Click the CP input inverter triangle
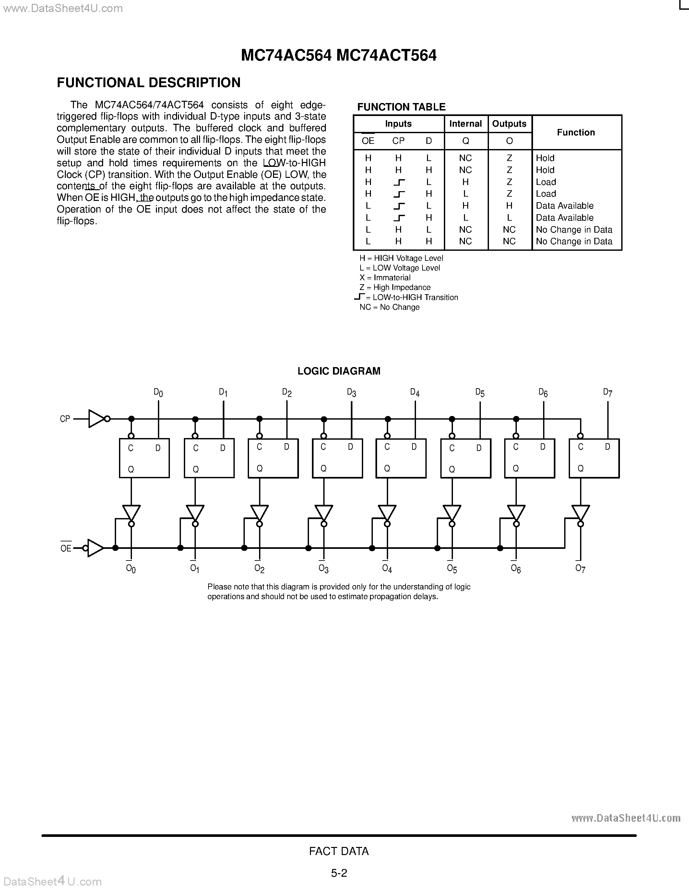(96, 419)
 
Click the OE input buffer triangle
(95, 548)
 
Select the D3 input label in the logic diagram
(351, 392)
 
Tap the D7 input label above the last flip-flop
(607, 392)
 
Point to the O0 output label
(131, 568)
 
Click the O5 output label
(452, 568)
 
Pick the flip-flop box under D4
(401, 458)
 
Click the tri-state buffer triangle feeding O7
(580, 513)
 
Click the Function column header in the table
(576, 132)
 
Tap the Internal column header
(465, 124)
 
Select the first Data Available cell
(564, 206)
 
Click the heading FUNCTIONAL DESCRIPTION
(148, 83)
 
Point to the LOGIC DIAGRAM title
(339, 371)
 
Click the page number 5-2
(339, 873)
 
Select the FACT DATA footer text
(339, 851)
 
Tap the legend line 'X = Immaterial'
(385, 278)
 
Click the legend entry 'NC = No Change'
(389, 307)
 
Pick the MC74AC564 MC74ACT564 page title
(339, 55)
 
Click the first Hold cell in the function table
(545, 158)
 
